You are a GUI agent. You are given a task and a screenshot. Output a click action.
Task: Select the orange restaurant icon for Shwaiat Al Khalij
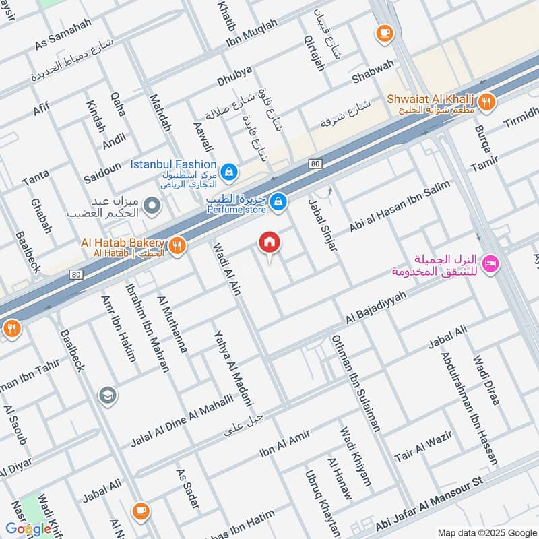pyautogui.click(x=487, y=103)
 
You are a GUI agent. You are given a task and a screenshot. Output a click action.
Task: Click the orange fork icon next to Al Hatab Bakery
pyautogui.click(x=177, y=246)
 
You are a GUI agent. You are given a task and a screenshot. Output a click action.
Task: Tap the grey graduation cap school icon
pyautogui.click(x=107, y=395)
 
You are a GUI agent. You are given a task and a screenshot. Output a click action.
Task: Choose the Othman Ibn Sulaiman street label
pyautogui.click(x=356, y=383)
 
